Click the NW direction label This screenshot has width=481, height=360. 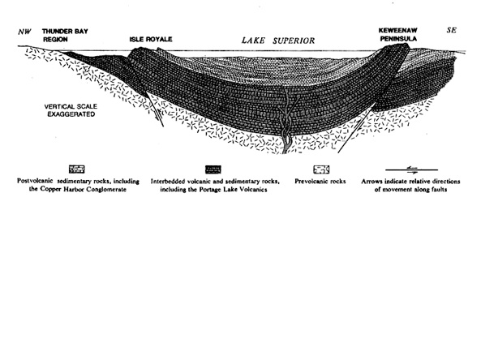(24, 32)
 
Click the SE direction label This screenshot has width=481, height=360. (451, 30)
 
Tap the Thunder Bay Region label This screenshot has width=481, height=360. (65, 35)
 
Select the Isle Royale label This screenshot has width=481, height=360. (151, 39)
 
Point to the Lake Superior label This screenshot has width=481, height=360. (278, 41)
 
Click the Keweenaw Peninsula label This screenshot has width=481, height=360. (398, 35)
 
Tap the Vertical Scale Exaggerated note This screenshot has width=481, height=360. (71, 110)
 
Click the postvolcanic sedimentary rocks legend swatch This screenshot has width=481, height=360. (77, 169)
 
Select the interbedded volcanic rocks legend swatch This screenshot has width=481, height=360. (213, 169)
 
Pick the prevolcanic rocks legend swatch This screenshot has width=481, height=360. (321, 169)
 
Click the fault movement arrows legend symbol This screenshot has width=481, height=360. (411, 169)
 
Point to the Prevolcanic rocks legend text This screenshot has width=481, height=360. (320, 182)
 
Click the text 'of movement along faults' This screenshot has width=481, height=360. (410, 190)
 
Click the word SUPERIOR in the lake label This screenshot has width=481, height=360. (294, 41)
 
